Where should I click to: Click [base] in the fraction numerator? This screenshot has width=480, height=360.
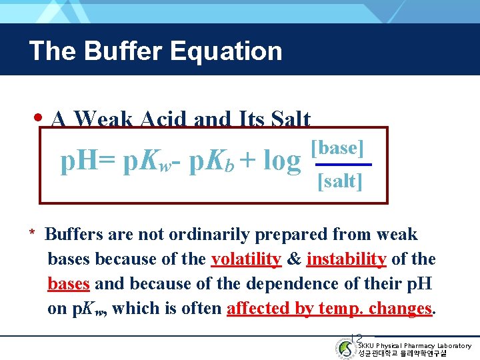pyautogui.click(x=337, y=148)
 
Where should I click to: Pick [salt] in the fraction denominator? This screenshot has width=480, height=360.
pyautogui.click(x=340, y=181)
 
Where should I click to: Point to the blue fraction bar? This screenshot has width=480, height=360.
pyautogui.click(x=343, y=164)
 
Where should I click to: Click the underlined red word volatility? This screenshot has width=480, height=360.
pyautogui.click(x=246, y=259)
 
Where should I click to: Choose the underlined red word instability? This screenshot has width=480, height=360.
pyautogui.click(x=346, y=259)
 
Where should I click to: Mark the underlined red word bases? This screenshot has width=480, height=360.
pyautogui.click(x=69, y=283)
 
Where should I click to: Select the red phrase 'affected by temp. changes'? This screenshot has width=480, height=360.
pyautogui.click(x=330, y=308)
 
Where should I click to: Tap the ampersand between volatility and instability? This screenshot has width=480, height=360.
pyautogui.click(x=293, y=259)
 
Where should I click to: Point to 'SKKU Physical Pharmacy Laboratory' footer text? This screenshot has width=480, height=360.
pyautogui.click(x=414, y=345)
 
